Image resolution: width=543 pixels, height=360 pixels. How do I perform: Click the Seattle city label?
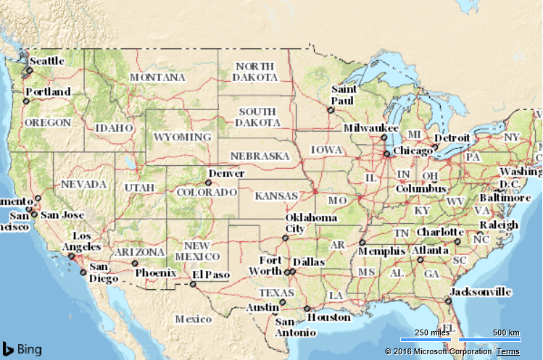tap(47, 61)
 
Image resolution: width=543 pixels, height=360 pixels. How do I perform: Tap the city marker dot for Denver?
tap(208, 183)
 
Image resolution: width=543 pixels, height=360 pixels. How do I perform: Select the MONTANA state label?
tap(157, 77)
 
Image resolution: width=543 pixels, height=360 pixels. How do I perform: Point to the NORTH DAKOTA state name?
tap(256, 71)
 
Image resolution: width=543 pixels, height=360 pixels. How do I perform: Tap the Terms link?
tap(507, 351)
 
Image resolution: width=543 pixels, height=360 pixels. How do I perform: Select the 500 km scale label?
tap(505, 332)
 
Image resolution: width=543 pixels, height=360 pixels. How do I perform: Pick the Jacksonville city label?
tap(480, 292)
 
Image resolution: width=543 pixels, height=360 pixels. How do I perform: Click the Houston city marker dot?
tap(307, 309)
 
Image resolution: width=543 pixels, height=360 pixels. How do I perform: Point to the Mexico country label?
tap(193, 319)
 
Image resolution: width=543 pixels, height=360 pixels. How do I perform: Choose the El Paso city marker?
tap(193, 284)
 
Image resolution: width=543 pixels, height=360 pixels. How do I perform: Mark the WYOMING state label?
tap(183, 136)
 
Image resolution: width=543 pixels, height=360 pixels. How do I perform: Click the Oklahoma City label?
tap(311, 223)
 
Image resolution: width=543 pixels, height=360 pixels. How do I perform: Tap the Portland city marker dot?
tap(25, 101)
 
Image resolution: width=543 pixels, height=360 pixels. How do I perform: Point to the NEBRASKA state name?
tap(260, 156)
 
